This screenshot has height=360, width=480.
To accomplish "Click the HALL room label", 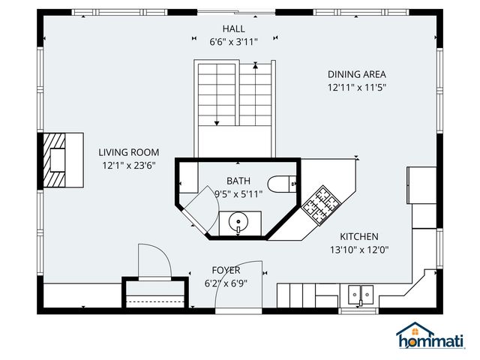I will coord(233,28).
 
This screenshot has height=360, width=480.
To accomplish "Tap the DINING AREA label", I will coord(356,74).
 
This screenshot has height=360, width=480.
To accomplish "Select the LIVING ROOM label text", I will coord(129,152).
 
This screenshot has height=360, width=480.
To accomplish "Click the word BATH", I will coord(238,181).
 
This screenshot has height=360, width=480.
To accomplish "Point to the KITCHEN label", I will coord(359,236).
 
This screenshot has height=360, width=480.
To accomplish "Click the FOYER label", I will coord(226,270).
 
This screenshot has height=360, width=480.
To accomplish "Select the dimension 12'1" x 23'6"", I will coord(129,166).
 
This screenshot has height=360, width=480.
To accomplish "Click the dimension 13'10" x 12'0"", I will coord(359,250).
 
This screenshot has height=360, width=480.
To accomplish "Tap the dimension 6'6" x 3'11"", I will coord(233,42).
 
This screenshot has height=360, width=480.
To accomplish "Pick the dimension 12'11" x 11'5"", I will coord(356,88).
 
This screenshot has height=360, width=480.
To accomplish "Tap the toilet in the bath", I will coord(283,184).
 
